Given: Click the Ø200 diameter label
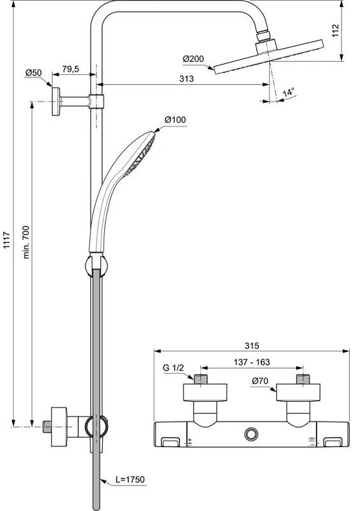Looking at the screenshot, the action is point(193,59).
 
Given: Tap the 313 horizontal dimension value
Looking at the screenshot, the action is point(186,79).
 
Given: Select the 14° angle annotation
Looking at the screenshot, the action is point(289,92).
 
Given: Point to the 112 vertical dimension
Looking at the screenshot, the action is point(336,31).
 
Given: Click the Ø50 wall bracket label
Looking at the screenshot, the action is point(34,72).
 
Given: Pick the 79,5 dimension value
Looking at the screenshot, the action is point(71,69).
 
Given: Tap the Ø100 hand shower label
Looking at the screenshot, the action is point(176,120).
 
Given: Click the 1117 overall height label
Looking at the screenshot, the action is point(7,240).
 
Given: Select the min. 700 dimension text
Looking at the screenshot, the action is point(26,242).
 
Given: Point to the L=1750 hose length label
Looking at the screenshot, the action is point(130,480).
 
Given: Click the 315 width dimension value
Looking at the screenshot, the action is point(252,346).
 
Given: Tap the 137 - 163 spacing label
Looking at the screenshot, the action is point(252,362).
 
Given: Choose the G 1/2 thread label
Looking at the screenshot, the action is point(174,369).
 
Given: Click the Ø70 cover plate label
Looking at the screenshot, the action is point(260,381).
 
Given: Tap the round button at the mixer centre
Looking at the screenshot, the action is point(251,434).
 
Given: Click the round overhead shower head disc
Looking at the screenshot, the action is point(269,57).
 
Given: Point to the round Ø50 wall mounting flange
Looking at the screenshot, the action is point(56,102).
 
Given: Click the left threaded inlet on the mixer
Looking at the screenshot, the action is point(200,379).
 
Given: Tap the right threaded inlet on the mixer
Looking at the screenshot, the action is point(303,379).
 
